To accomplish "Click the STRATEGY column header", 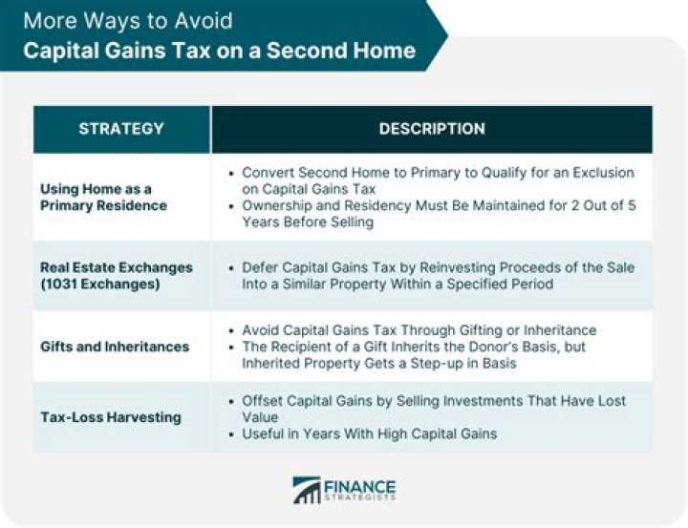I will pos(121,129).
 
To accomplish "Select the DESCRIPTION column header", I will pos(432,129).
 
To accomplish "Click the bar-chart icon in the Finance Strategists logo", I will pos(307,489).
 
